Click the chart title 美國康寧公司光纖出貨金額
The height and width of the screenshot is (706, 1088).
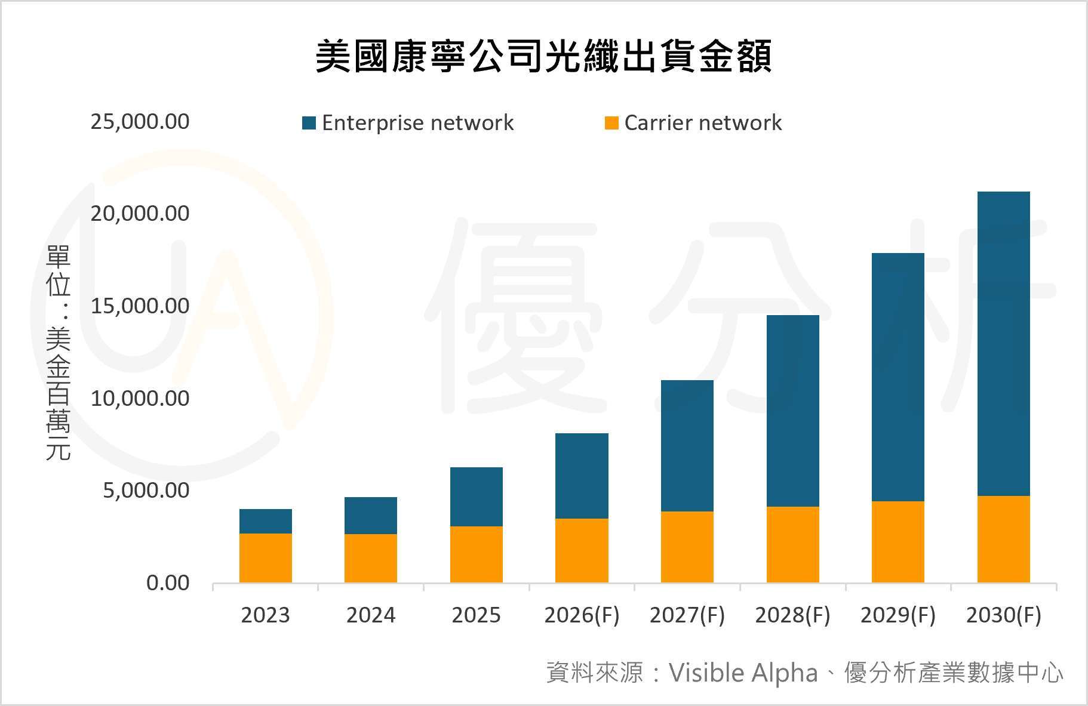pos(543,57)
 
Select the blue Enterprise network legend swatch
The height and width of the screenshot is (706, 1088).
pos(309,123)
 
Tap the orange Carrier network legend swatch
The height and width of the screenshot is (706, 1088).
pos(611,123)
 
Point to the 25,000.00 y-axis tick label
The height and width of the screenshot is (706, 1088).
pos(140,122)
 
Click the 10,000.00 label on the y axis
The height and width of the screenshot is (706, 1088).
pos(140,398)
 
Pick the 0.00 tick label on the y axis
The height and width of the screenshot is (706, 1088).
pos(168,583)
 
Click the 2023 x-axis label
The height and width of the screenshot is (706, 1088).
pos(265,615)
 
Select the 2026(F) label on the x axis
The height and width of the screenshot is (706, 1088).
pos(582,615)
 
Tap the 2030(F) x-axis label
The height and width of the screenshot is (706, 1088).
pos(1003,615)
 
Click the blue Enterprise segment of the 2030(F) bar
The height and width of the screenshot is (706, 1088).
pos(1003,343)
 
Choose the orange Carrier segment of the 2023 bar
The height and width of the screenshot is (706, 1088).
pos(265,558)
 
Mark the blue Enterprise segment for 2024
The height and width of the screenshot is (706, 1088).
pos(371,516)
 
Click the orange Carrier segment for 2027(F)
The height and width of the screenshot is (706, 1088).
pos(687,547)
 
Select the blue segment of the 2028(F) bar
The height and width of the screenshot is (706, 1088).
pos(792,411)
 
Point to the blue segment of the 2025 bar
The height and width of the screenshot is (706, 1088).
pos(476,497)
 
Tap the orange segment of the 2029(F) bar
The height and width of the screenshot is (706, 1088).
pos(898,542)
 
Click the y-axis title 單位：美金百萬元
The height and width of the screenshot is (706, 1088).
pos(59,352)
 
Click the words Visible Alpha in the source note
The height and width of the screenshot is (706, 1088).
pos(743,673)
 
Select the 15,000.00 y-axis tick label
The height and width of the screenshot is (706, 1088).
pos(140,306)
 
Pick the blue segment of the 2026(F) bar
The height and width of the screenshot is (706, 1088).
pos(582,476)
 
